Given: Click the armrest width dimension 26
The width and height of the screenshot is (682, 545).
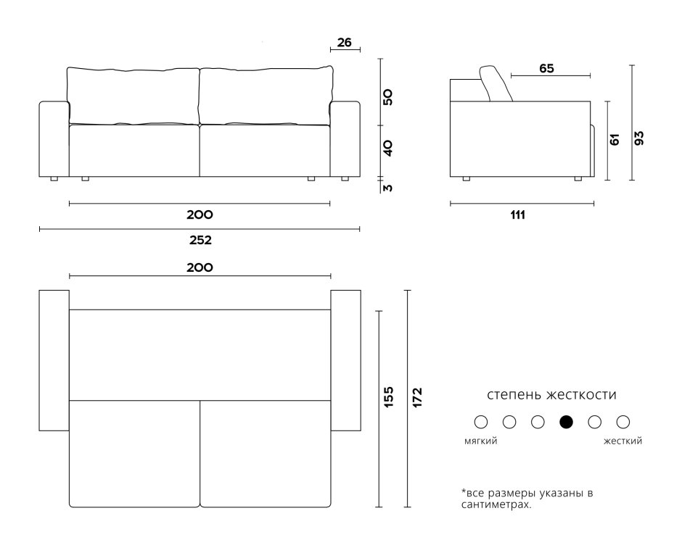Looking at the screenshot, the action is [344, 43].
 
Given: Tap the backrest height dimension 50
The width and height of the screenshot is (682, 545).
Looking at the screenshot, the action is [387, 97].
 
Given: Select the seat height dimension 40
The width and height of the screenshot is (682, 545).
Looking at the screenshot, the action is [387, 148].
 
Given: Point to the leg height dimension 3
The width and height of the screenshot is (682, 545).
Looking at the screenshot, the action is [387, 188].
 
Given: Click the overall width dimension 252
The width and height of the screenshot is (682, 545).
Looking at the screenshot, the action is [200, 240].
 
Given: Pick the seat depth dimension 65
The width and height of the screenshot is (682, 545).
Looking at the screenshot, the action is [547, 68].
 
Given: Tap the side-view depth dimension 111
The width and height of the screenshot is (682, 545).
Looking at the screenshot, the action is [517, 215].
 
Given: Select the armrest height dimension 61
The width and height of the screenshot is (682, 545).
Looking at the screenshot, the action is [615, 139].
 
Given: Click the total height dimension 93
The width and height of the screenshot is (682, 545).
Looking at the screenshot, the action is [639, 138].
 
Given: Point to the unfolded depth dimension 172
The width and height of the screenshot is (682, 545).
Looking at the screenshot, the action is [417, 397].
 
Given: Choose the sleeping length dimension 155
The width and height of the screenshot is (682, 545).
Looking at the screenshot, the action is [389, 397].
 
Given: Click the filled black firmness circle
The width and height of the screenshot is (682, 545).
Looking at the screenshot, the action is [567, 422].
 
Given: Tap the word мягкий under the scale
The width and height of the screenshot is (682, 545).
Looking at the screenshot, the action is [480, 441].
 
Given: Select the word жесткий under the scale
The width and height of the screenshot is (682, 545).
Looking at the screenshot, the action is [623, 441].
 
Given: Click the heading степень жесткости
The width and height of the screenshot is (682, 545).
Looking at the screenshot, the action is [551, 395].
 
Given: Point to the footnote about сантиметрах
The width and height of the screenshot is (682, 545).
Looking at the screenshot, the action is [527, 499].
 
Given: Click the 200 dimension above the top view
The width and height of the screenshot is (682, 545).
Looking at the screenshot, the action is [200, 267].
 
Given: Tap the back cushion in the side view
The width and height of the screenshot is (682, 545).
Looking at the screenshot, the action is [496, 83].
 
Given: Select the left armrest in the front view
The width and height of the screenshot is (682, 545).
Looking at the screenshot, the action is [54, 139].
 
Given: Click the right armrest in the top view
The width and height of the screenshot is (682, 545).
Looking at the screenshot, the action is [346, 360].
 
